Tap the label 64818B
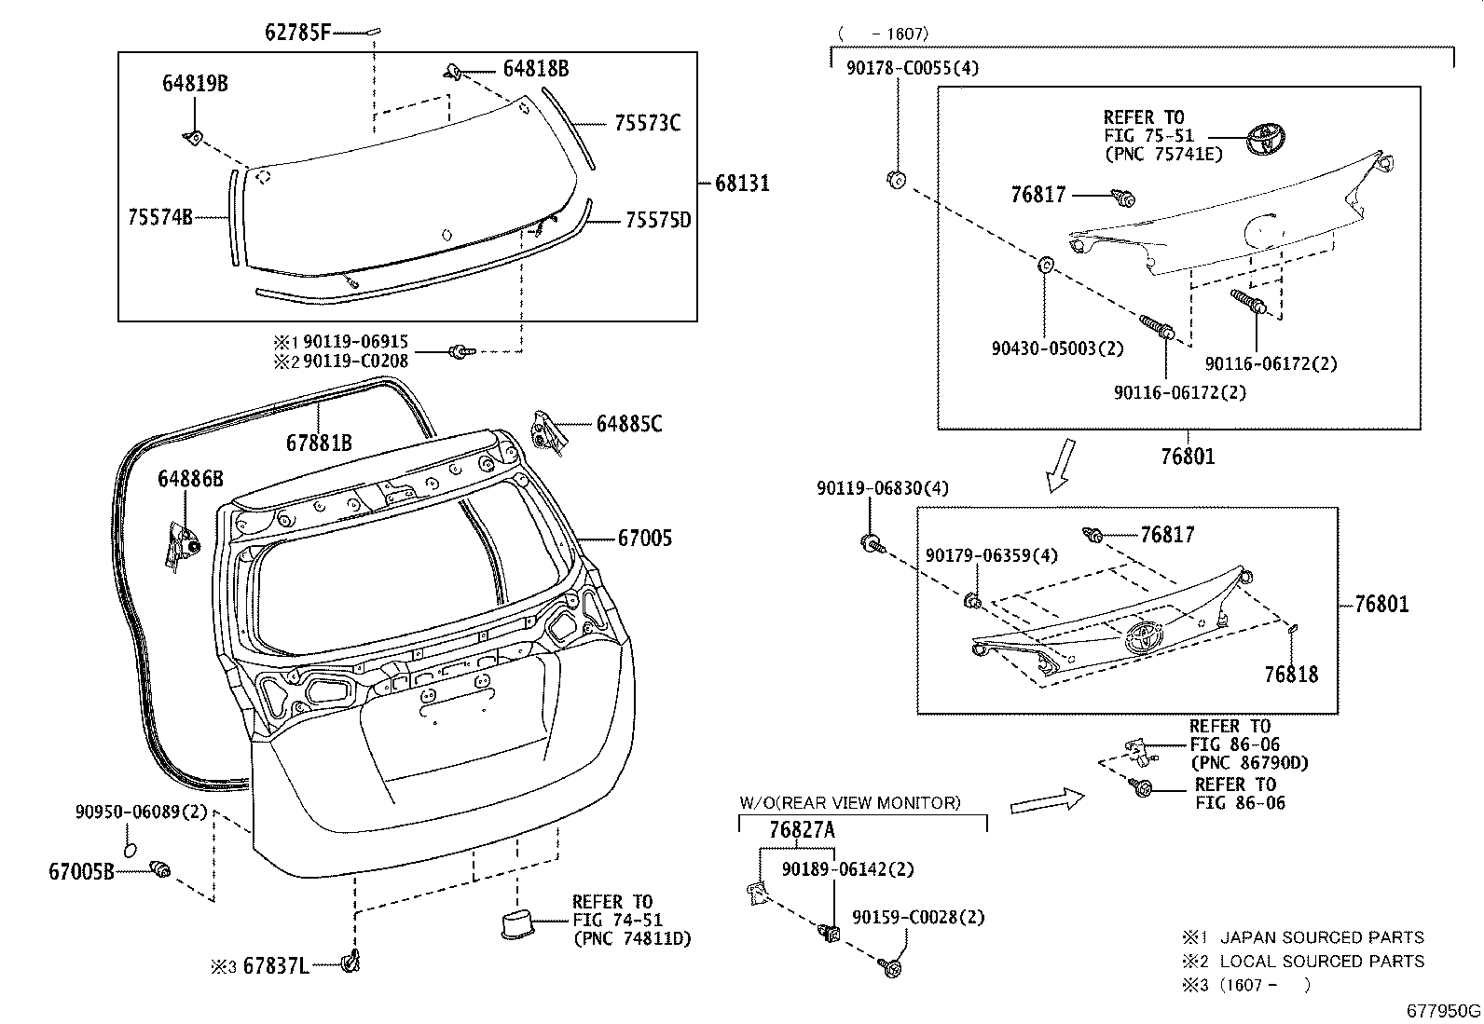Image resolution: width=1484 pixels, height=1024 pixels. pyautogui.click(x=535, y=69)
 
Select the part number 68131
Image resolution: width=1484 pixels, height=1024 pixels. pyautogui.click(x=742, y=184)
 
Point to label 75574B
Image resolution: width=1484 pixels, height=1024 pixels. pyautogui.click(x=159, y=218)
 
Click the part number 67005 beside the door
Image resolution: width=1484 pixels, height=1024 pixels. pyautogui.click(x=644, y=539)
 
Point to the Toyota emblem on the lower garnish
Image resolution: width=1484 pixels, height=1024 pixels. pyautogui.click(x=1143, y=636)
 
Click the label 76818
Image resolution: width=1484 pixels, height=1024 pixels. pyautogui.click(x=1291, y=675)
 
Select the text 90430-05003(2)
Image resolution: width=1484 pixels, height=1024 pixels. pyautogui.click(x=1057, y=348)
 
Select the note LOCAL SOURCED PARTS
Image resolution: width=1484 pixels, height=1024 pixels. pyautogui.click(x=1322, y=962)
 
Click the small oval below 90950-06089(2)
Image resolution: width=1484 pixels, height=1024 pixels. pyautogui.click(x=131, y=850)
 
